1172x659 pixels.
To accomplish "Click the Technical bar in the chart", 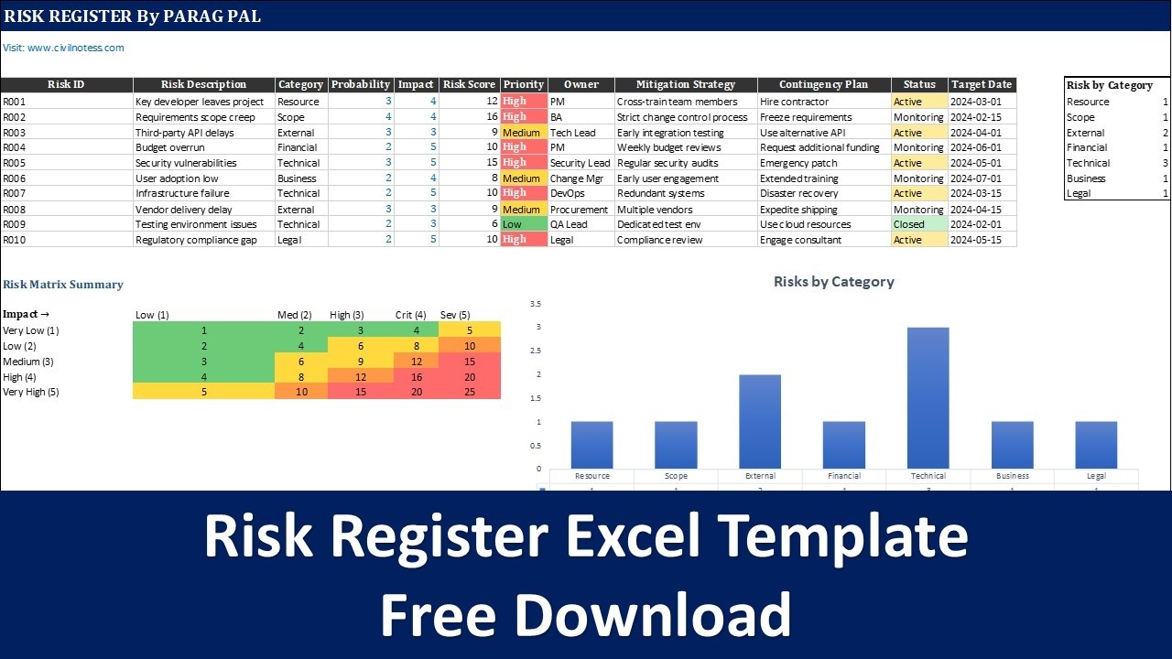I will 928,398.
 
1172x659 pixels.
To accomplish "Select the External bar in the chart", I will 760,422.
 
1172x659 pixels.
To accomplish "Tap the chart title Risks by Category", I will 833,282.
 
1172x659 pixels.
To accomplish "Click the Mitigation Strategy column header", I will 686,84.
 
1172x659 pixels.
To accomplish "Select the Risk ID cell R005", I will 15,163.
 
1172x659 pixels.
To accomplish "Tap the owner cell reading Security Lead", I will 580,163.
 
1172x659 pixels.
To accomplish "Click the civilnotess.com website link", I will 63,48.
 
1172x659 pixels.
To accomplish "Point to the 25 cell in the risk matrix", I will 469,392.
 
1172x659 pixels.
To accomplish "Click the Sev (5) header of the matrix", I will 456,315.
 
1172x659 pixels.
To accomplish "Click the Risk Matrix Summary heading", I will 63,285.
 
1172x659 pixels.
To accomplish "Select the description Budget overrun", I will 170,147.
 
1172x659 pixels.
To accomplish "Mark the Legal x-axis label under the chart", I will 1096,476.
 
